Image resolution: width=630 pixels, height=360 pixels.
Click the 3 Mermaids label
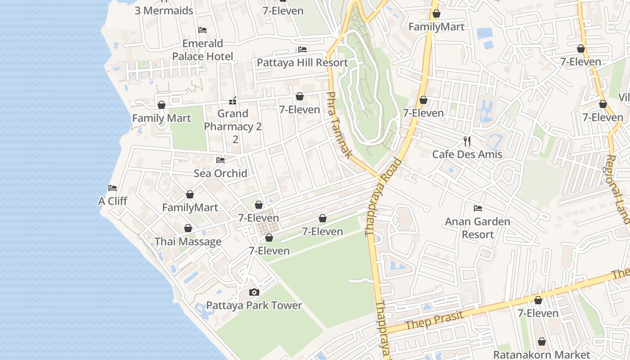(x=164, y=11)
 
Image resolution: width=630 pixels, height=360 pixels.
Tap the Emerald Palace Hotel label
(x=203, y=49)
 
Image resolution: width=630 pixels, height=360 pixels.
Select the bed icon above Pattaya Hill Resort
(x=302, y=49)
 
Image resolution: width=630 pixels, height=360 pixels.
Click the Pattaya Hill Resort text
(x=302, y=63)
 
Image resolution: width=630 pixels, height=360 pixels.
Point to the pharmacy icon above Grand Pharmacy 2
(x=233, y=101)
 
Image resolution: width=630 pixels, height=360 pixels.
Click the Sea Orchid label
(x=220, y=173)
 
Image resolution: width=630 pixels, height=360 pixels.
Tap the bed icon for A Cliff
(x=112, y=188)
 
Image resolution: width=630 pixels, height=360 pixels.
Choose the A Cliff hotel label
(x=112, y=201)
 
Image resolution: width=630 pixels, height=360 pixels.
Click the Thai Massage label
(x=188, y=242)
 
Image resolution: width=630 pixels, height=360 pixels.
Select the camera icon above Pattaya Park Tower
(x=254, y=292)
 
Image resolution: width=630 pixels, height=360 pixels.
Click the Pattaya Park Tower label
(x=254, y=305)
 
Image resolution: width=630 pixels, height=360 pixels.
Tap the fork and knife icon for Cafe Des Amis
(x=467, y=141)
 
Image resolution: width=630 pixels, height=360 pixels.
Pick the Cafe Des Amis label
(x=467, y=154)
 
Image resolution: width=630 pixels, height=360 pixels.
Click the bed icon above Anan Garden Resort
(x=478, y=208)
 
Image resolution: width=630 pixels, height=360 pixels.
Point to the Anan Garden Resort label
(x=478, y=228)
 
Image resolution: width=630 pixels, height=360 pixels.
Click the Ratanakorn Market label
(x=542, y=355)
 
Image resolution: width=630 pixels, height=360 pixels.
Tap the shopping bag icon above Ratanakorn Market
(x=542, y=342)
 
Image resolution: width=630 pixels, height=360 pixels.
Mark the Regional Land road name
(x=618, y=189)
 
